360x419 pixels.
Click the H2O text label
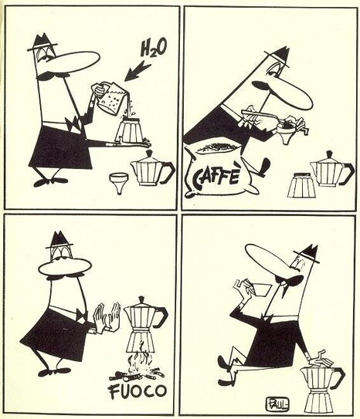153,49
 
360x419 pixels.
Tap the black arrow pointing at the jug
138,71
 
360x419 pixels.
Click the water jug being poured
110,98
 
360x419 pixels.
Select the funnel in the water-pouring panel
119,184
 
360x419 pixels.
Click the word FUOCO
138,391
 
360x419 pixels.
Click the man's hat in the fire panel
59,240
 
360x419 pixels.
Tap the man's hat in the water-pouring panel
42,42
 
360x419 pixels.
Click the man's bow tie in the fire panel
82,315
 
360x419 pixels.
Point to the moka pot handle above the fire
161,316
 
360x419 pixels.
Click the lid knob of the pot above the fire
141,299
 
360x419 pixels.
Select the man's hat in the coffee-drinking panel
308,254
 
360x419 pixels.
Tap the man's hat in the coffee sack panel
278,56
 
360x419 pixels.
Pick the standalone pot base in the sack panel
302,185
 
